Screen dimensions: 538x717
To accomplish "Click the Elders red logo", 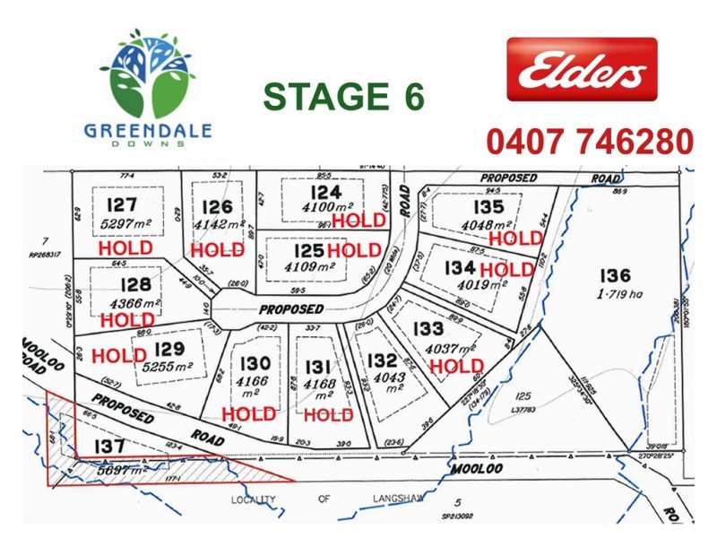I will tap(582, 70).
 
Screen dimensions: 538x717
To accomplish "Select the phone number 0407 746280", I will tap(590, 142).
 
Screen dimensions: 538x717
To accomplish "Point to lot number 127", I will tap(125, 204).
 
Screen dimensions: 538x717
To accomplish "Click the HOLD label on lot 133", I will tap(457, 366).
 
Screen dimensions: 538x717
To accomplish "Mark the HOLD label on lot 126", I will tap(218, 249).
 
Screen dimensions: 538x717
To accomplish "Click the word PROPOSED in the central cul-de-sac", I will tap(291, 308).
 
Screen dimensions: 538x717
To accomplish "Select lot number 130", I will tap(250, 362).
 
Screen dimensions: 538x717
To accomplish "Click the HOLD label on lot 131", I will tap(329, 415).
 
